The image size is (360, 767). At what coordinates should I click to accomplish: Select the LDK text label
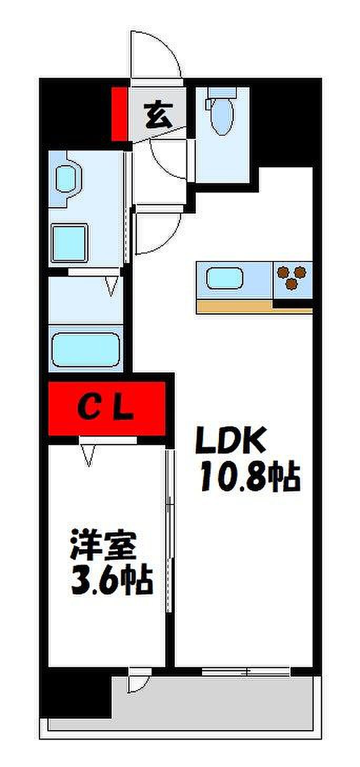230,441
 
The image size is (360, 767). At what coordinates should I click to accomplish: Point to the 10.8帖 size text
249,476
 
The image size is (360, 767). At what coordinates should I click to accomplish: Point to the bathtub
86,350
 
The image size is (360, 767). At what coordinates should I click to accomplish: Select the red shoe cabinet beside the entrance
119,114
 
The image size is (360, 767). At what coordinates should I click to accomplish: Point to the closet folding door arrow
89,456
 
